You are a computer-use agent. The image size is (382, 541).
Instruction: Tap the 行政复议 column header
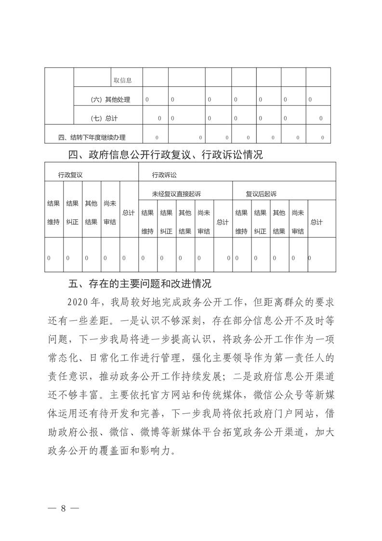71,175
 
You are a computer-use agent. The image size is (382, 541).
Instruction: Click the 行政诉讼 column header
164,175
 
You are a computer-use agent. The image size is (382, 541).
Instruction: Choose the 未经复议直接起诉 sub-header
176,194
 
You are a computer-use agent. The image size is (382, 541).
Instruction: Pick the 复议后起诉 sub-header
261,194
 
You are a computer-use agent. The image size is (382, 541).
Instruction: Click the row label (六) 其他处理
110,100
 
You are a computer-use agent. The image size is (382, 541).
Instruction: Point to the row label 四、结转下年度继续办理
92,137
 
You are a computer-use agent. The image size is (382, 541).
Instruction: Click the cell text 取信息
123,81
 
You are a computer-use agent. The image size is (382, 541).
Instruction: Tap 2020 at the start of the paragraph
79,302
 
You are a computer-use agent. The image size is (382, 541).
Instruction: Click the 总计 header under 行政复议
128,213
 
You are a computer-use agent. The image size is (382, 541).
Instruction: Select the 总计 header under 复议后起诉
316,222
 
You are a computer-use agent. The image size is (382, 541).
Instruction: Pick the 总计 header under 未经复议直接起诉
222,222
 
